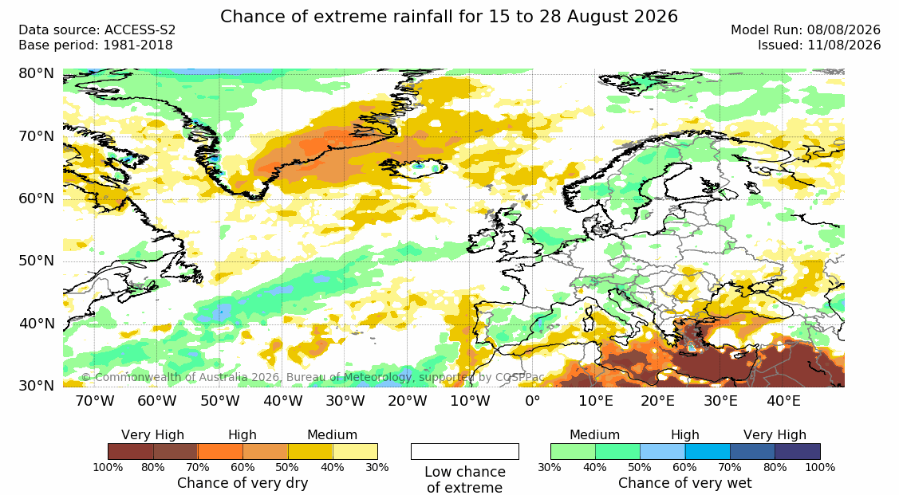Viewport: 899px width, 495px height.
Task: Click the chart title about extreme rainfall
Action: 449,16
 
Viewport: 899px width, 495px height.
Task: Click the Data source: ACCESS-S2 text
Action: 97,30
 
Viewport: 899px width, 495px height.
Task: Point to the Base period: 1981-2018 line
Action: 95,45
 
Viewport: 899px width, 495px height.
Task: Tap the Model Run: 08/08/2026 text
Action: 806,30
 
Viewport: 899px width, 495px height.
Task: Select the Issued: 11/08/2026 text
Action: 819,45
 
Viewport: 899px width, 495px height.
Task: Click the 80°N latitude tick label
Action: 36,73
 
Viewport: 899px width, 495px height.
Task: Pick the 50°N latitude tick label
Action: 36,261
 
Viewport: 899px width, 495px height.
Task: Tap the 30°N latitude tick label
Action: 36,386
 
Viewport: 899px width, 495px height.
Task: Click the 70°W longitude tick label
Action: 95,401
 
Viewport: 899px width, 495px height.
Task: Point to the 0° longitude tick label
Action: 533,401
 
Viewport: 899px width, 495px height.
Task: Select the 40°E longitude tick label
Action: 783,401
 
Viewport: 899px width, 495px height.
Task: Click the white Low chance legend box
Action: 465,451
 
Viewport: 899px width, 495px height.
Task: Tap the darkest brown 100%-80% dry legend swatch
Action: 130,451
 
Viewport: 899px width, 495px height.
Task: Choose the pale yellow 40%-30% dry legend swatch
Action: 355,451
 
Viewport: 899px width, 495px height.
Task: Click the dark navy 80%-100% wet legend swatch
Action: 798,451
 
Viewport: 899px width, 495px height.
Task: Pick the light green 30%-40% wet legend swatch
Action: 573,451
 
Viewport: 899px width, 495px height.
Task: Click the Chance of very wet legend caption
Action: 685,483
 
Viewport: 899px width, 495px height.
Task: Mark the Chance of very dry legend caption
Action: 242,483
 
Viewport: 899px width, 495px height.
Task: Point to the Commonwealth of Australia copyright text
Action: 313,377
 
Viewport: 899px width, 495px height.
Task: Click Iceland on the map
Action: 413,167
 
